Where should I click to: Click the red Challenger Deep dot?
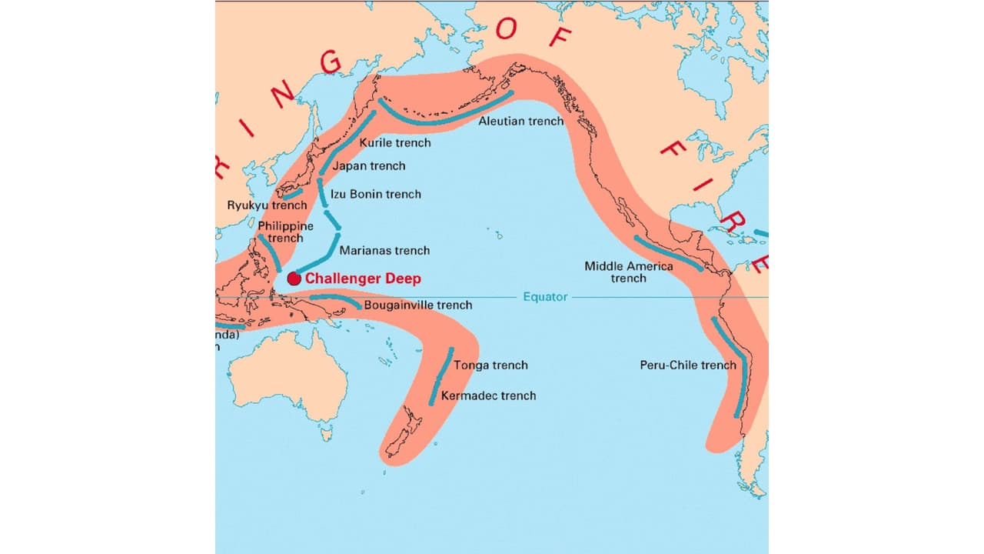point(294,279)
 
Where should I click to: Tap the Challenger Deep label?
point(363,279)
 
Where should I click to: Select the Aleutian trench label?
point(520,121)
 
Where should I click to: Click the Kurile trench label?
point(395,142)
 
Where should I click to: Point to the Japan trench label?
point(369,165)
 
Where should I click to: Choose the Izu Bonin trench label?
point(376,194)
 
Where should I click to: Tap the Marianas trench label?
point(384,250)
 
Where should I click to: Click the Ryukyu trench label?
point(267,205)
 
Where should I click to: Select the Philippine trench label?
point(285,232)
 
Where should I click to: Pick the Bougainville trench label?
point(418,305)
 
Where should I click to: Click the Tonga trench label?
point(490,365)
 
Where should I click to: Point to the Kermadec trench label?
point(488,395)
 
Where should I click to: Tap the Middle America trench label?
point(628,272)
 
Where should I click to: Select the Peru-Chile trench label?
point(688,365)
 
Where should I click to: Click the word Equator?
point(545,297)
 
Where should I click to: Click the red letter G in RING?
point(331,61)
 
